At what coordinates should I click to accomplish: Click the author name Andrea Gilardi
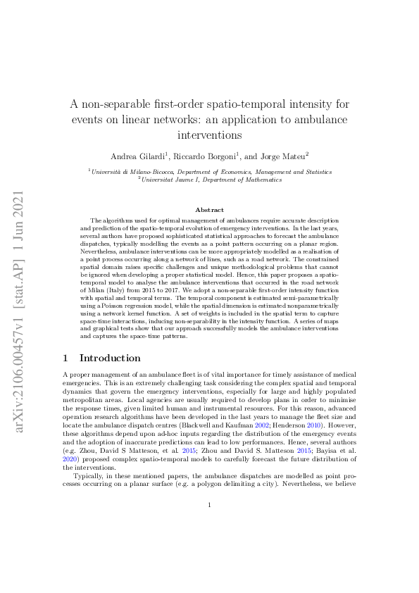[138, 155]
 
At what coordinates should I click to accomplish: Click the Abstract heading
[209, 209]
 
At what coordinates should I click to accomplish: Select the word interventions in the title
[209, 134]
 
